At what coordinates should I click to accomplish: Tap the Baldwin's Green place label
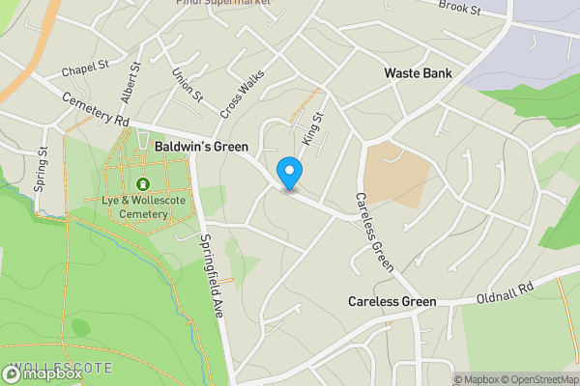point(201,147)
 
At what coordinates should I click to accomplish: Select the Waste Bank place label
point(418,73)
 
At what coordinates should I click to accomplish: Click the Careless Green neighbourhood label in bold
point(391,301)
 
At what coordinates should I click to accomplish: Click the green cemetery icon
point(143,183)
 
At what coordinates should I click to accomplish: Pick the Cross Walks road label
point(242,98)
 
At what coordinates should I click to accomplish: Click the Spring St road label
point(42,170)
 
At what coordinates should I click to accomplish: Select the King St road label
point(313,128)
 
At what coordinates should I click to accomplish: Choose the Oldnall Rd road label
point(506,294)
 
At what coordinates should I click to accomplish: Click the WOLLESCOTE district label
point(48,370)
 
